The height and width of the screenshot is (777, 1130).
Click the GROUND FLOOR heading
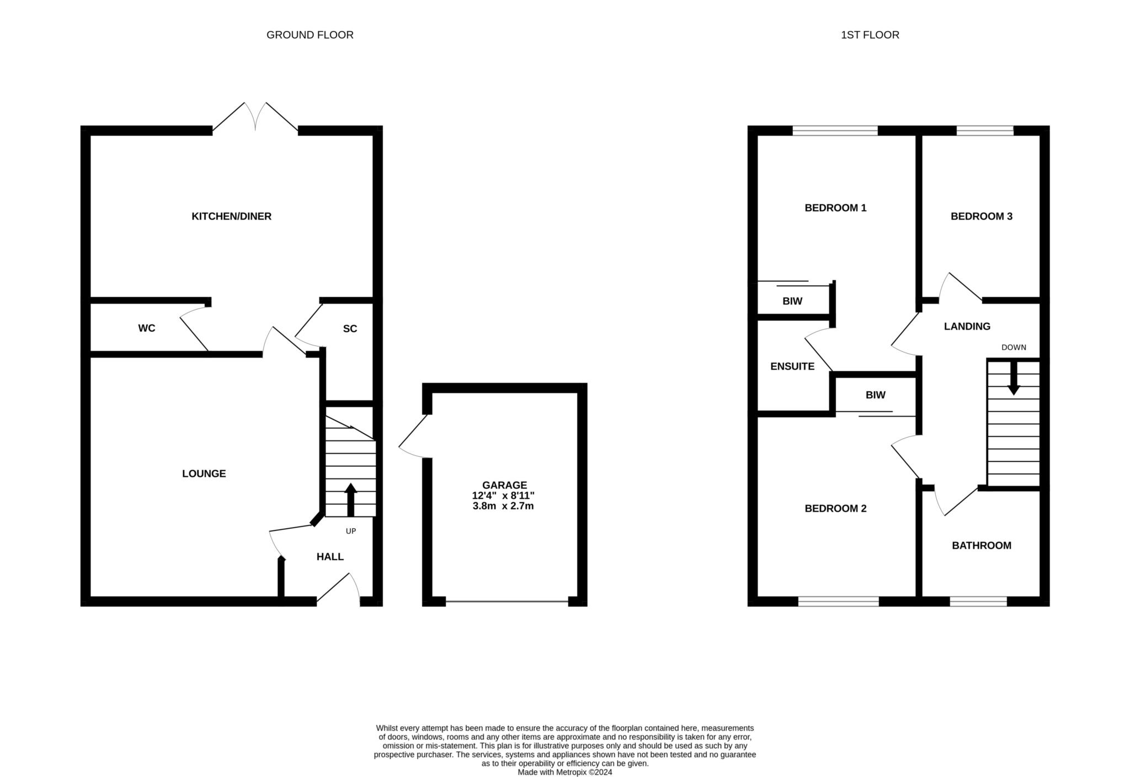(x=310, y=35)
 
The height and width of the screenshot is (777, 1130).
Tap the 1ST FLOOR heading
(x=870, y=35)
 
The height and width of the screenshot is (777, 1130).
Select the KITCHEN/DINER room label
(x=232, y=216)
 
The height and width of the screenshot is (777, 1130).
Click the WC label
(x=147, y=328)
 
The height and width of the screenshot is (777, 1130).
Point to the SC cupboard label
(x=350, y=329)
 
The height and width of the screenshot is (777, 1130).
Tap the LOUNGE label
(x=204, y=473)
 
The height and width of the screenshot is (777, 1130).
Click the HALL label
(x=330, y=557)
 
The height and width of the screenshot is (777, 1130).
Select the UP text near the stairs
(x=351, y=531)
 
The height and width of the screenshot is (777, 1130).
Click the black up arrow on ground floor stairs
(x=350, y=500)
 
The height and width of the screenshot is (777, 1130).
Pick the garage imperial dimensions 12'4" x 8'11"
(x=503, y=496)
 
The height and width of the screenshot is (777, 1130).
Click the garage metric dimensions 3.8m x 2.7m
(x=503, y=505)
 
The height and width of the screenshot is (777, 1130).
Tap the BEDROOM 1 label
(x=835, y=208)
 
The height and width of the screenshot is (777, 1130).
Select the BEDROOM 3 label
(x=982, y=216)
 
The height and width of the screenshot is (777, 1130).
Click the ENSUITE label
(x=792, y=366)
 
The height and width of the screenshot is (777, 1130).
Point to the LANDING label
(x=967, y=326)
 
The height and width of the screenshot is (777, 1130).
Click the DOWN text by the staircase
(x=1014, y=347)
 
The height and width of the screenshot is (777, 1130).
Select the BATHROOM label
(x=982, y=546)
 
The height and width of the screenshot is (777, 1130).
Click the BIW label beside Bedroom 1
(x=792, y=301)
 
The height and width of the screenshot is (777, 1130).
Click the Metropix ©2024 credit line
(x=565, y=773)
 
